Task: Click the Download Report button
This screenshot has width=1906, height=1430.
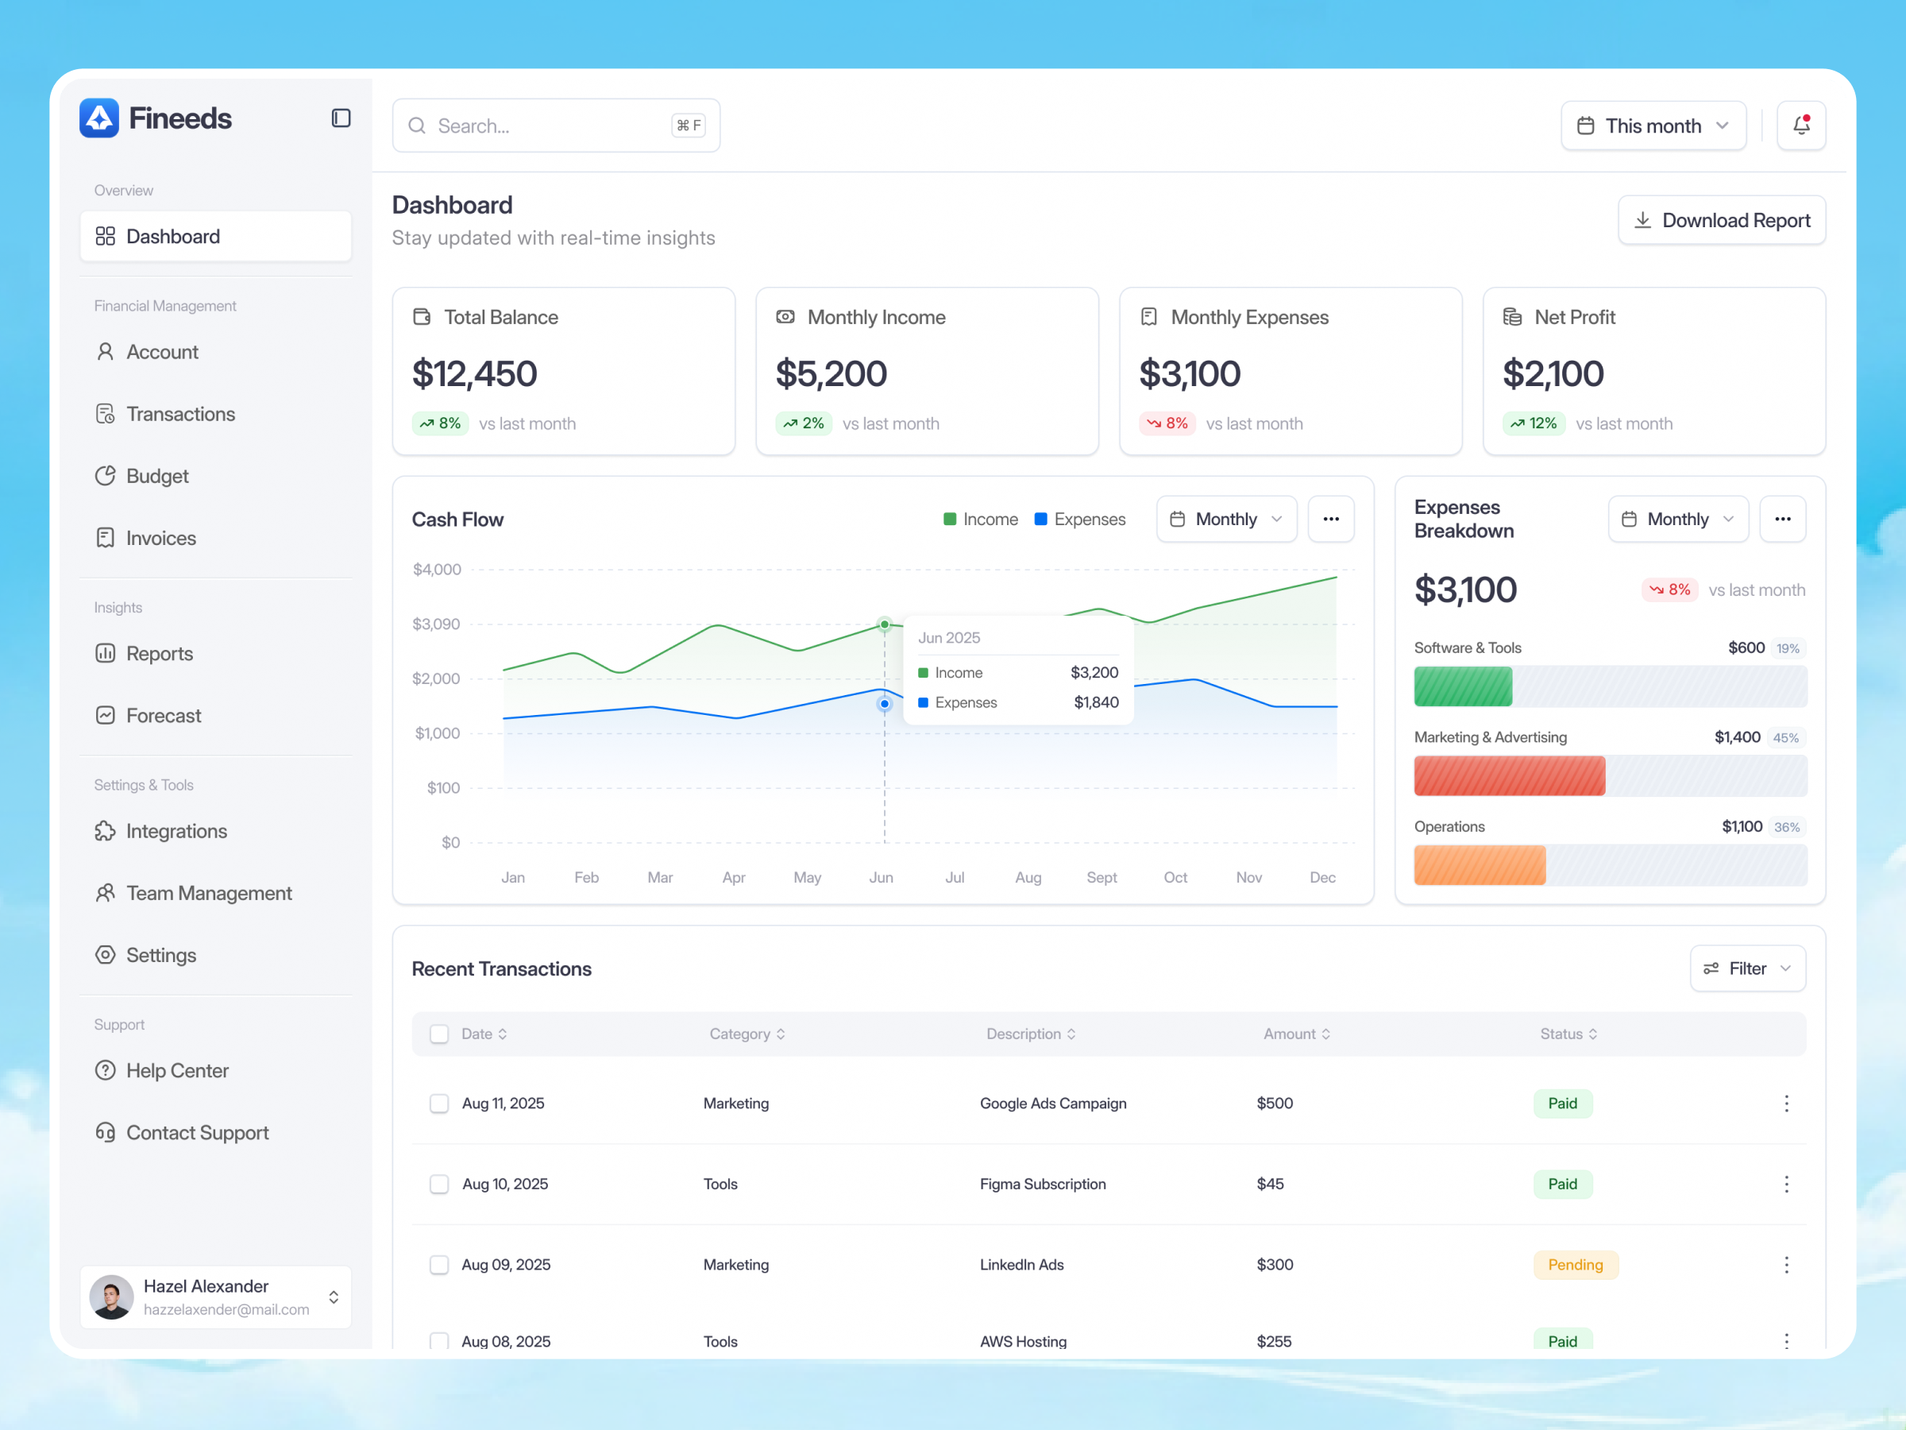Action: point(1721,221)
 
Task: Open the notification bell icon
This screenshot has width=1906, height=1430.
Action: point(1801,126)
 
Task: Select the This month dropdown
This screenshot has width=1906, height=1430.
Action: point(1653,126)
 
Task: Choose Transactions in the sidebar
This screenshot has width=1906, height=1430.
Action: point(180,415)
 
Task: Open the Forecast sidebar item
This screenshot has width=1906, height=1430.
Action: point(163,716)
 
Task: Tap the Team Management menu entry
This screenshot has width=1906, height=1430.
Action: point(209,893)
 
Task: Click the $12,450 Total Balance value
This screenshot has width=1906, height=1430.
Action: point(475,374)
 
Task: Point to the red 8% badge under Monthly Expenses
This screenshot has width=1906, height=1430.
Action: point(1167,423)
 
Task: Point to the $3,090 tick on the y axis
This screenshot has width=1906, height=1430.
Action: point(436,624)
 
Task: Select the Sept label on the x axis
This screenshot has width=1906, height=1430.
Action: point(1102,878)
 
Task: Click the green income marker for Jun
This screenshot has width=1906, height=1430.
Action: point(884,624)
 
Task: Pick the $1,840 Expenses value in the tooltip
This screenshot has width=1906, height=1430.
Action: point(1096,702)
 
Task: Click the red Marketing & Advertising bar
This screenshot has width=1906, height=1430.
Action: point(1509,775)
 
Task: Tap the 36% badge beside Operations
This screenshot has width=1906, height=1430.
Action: point(1786,828)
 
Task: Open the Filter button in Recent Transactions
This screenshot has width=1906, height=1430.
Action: point(1746,969)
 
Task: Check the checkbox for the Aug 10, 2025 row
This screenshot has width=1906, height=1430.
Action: point(439,1185)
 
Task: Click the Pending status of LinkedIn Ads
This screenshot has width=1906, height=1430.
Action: point(1575,1265)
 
